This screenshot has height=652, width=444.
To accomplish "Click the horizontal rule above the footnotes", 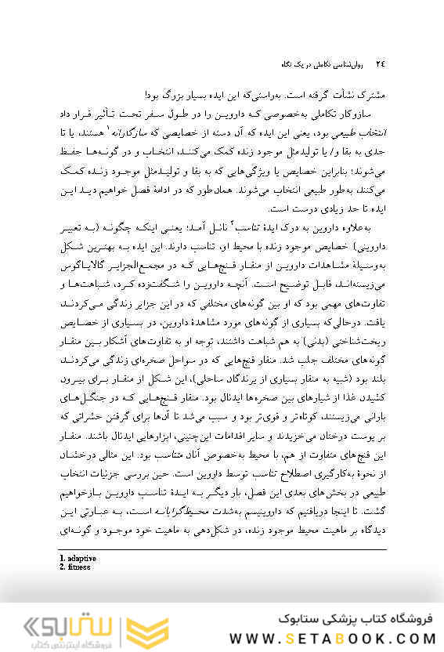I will (x=222, y=549).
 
